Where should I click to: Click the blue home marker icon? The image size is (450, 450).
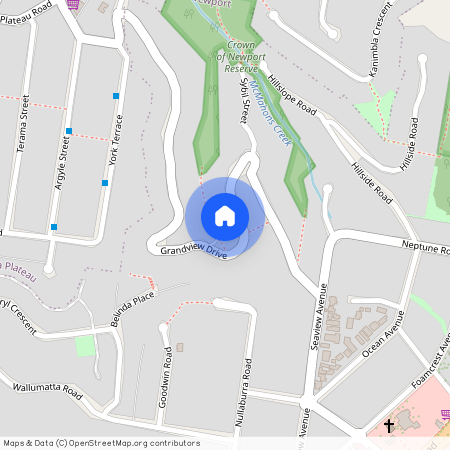[x=225, y=215]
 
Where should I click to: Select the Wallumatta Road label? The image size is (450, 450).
[x=46, y=390]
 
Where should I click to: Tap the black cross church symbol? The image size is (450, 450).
[x=388, y=427]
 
